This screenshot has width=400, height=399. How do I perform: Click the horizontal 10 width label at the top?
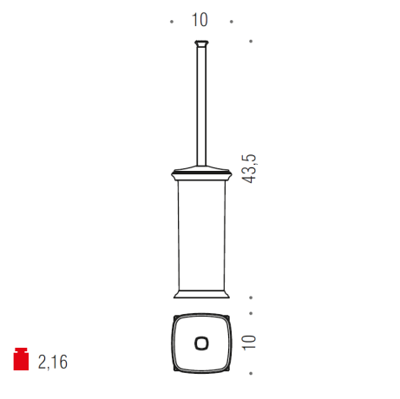coord(200,20)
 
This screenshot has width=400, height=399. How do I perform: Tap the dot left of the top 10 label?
coord(172,22)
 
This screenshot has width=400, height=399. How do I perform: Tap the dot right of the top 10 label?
coord(232,22)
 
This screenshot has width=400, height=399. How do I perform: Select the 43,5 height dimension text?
coord(249,169)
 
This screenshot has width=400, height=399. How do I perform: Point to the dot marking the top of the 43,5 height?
coord(251,42)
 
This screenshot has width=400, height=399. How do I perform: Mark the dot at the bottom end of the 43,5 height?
coord(251,298)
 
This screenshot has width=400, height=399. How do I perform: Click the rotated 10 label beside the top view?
coord(249,343)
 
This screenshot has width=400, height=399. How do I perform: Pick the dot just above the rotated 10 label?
coord(251,313)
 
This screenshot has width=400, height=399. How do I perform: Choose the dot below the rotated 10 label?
coord(251,374)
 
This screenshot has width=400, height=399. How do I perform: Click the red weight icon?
coord(21,359)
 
